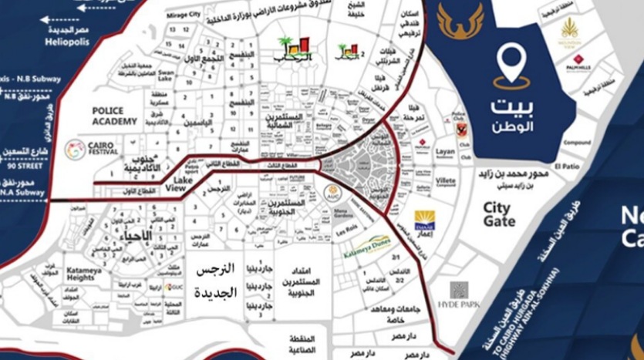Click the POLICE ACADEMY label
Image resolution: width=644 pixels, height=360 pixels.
point(113,116)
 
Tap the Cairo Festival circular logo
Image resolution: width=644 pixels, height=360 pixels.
point(75,149)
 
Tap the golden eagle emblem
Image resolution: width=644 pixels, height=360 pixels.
point(461,21)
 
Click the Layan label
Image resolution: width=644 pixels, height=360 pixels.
point(446,152)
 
